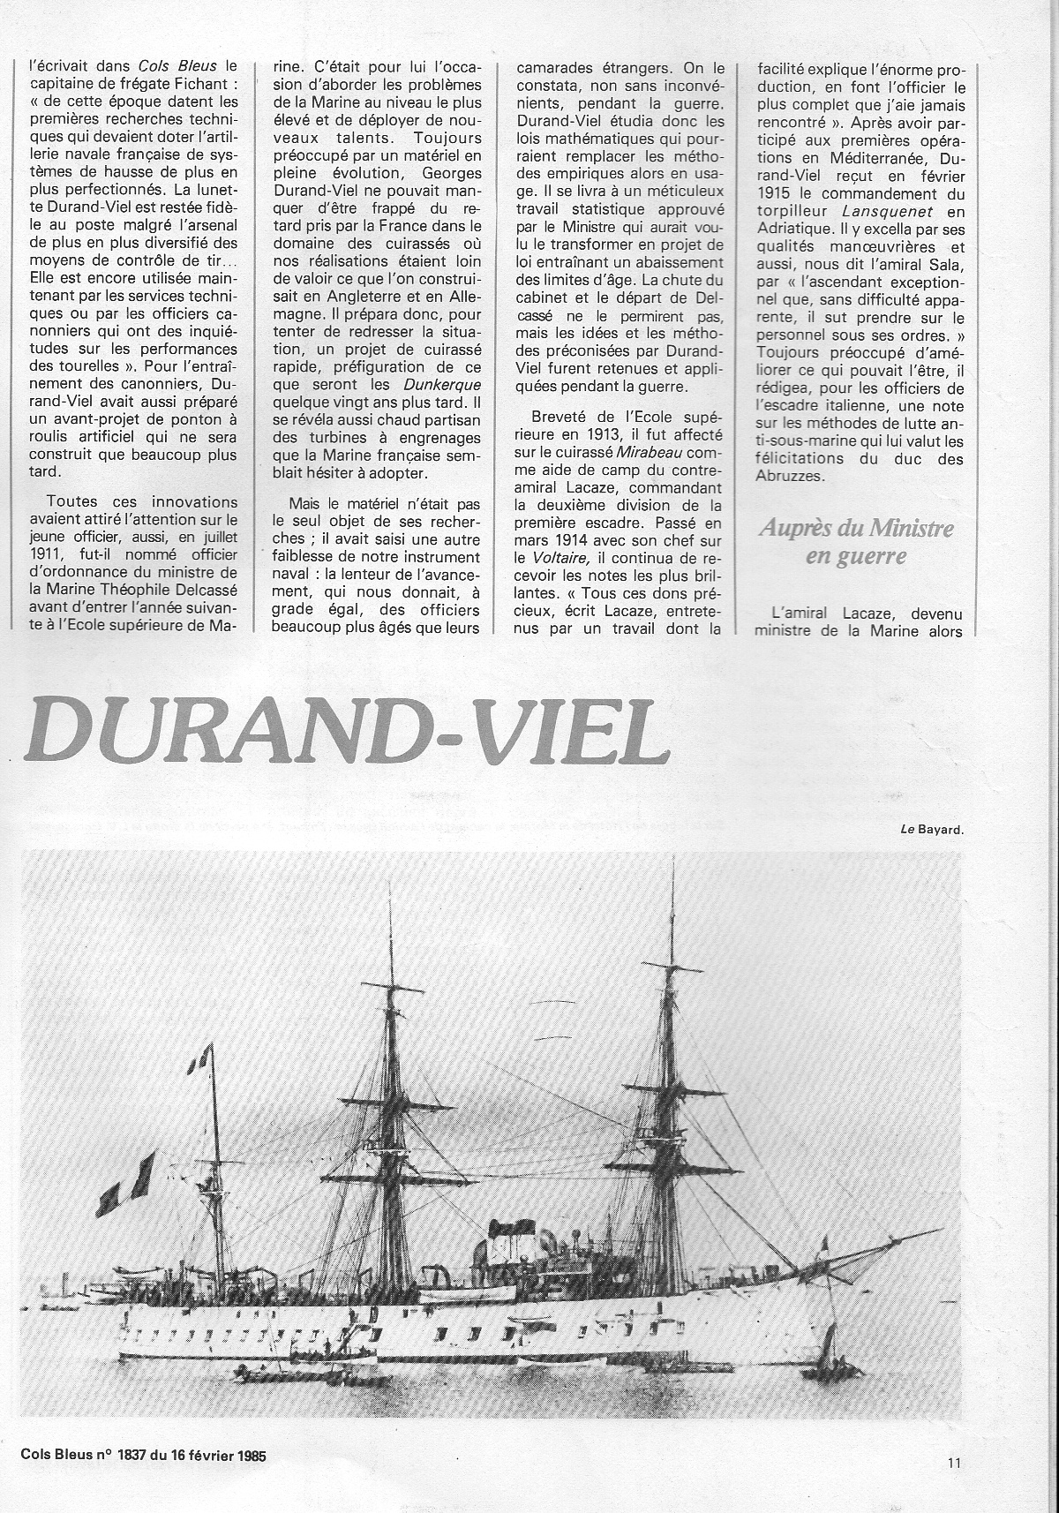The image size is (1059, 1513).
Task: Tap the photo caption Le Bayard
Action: (933, 829)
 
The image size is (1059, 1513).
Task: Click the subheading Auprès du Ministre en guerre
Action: (844, 542)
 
